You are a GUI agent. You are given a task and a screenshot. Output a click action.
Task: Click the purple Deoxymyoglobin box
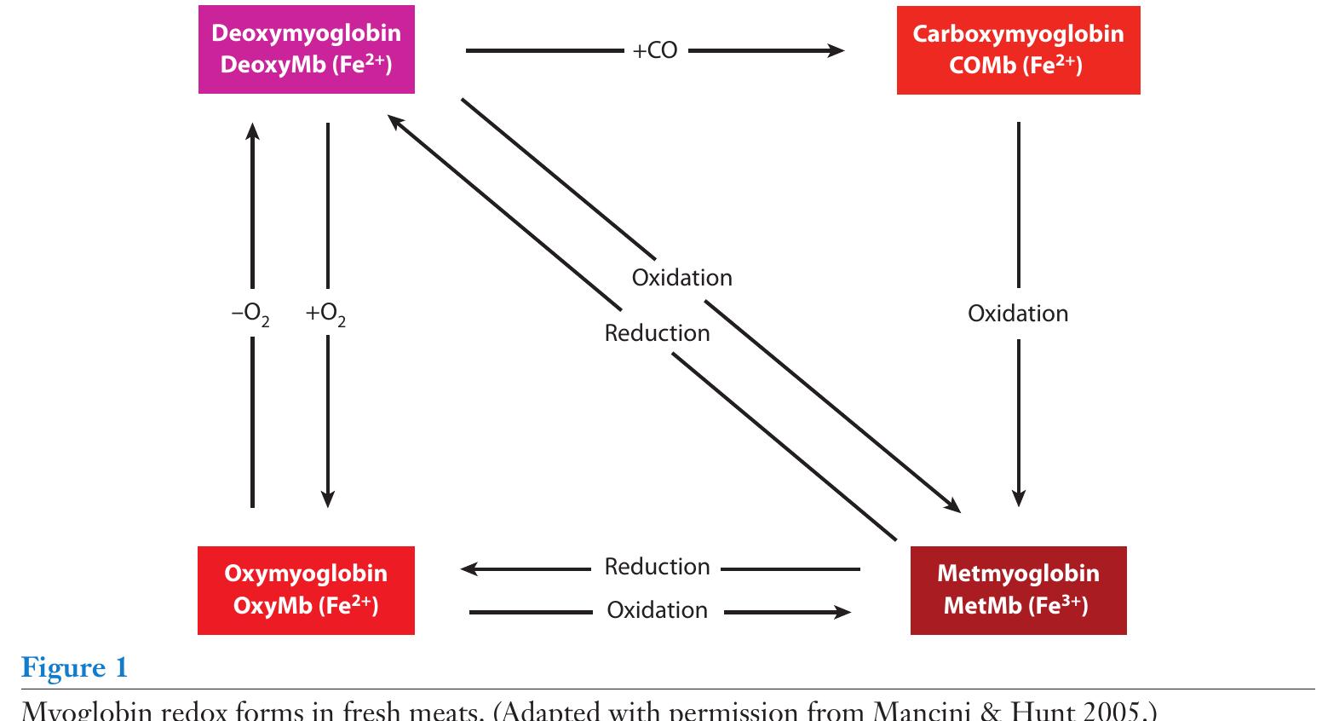pos(306,49)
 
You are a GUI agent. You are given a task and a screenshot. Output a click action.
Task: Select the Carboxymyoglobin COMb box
pos(1018,49)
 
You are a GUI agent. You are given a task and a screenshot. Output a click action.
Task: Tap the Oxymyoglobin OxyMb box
pos(306,590)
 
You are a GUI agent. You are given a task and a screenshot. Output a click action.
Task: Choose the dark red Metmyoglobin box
pos(1018,590)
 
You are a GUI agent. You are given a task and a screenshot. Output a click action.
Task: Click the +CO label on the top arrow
pos(654,51)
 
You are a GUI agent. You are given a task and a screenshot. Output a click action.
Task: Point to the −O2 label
pos(250,314)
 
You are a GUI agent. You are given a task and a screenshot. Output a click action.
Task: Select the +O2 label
pos(325,314)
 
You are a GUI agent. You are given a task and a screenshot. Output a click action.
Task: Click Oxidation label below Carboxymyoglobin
pos(1017,314)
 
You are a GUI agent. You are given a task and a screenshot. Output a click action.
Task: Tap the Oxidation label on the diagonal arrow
pos(681,278)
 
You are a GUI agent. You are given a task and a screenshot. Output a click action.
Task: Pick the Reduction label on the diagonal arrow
pos(657,333)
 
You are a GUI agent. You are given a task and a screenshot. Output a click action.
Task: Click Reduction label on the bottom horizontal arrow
pos(657,567)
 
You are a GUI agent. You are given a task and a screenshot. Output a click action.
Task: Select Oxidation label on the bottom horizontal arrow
pos(657,610)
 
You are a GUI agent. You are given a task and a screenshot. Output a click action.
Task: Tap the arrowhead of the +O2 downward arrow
pos(328,499)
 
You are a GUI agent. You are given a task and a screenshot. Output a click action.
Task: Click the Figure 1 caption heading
pos(74,667)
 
